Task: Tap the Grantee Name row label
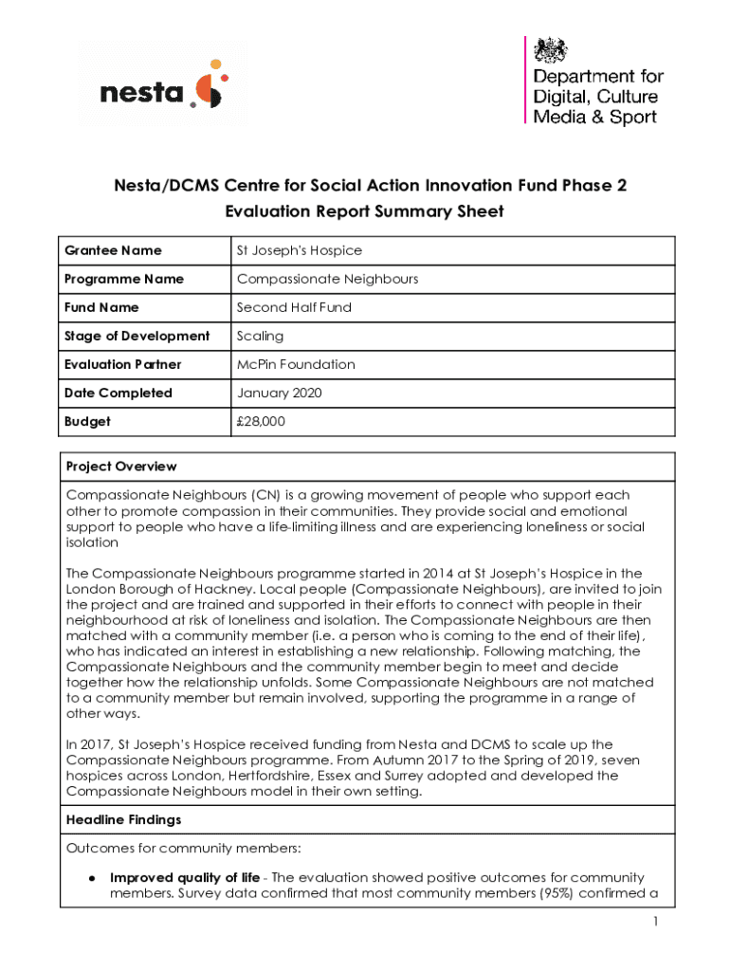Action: pos(113,250)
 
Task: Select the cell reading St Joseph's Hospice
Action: pos(299,250)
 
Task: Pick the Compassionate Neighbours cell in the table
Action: pos(327,279)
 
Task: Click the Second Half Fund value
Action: pos(294,307)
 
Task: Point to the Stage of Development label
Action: pos(137,336)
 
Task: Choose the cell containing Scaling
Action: pos(260,336)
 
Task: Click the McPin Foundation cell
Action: pos(296,364)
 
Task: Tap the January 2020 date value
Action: pos(280,393)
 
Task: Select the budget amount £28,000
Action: pos(260,421)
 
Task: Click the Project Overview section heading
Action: pos(121,467)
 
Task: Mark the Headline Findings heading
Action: pos(123,819)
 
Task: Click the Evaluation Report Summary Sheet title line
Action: pos(364,211)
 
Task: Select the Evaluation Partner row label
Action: pos(123,364)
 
